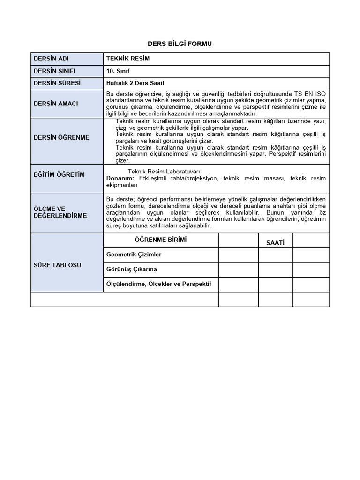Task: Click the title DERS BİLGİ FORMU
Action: tap(180, 44)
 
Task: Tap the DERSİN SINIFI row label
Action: tap(54, 71)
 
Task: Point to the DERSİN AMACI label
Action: tap(56, 103)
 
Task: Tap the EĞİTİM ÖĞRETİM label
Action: tap(59, 174)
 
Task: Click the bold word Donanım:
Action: tap(120, 179)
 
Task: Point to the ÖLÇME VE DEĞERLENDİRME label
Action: tap(60, 212)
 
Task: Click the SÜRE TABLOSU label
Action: tap(57, 265)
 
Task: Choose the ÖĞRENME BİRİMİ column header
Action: tap(160, 240)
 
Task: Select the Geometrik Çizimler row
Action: tap(134, 254)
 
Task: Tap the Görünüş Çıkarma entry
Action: tap(132, 269)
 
